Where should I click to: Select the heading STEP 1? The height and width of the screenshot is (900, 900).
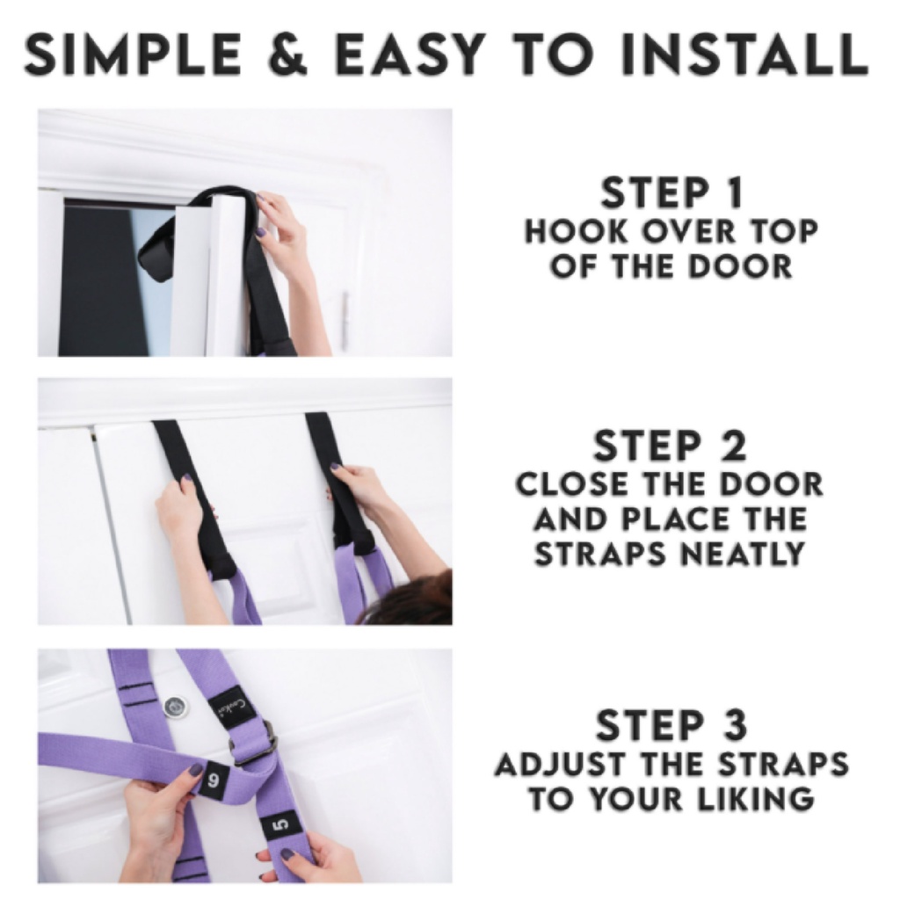tap(672, 192)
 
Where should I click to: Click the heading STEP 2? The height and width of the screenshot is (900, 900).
tap(671, 446)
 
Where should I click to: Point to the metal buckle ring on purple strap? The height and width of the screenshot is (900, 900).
tap(254, 744)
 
